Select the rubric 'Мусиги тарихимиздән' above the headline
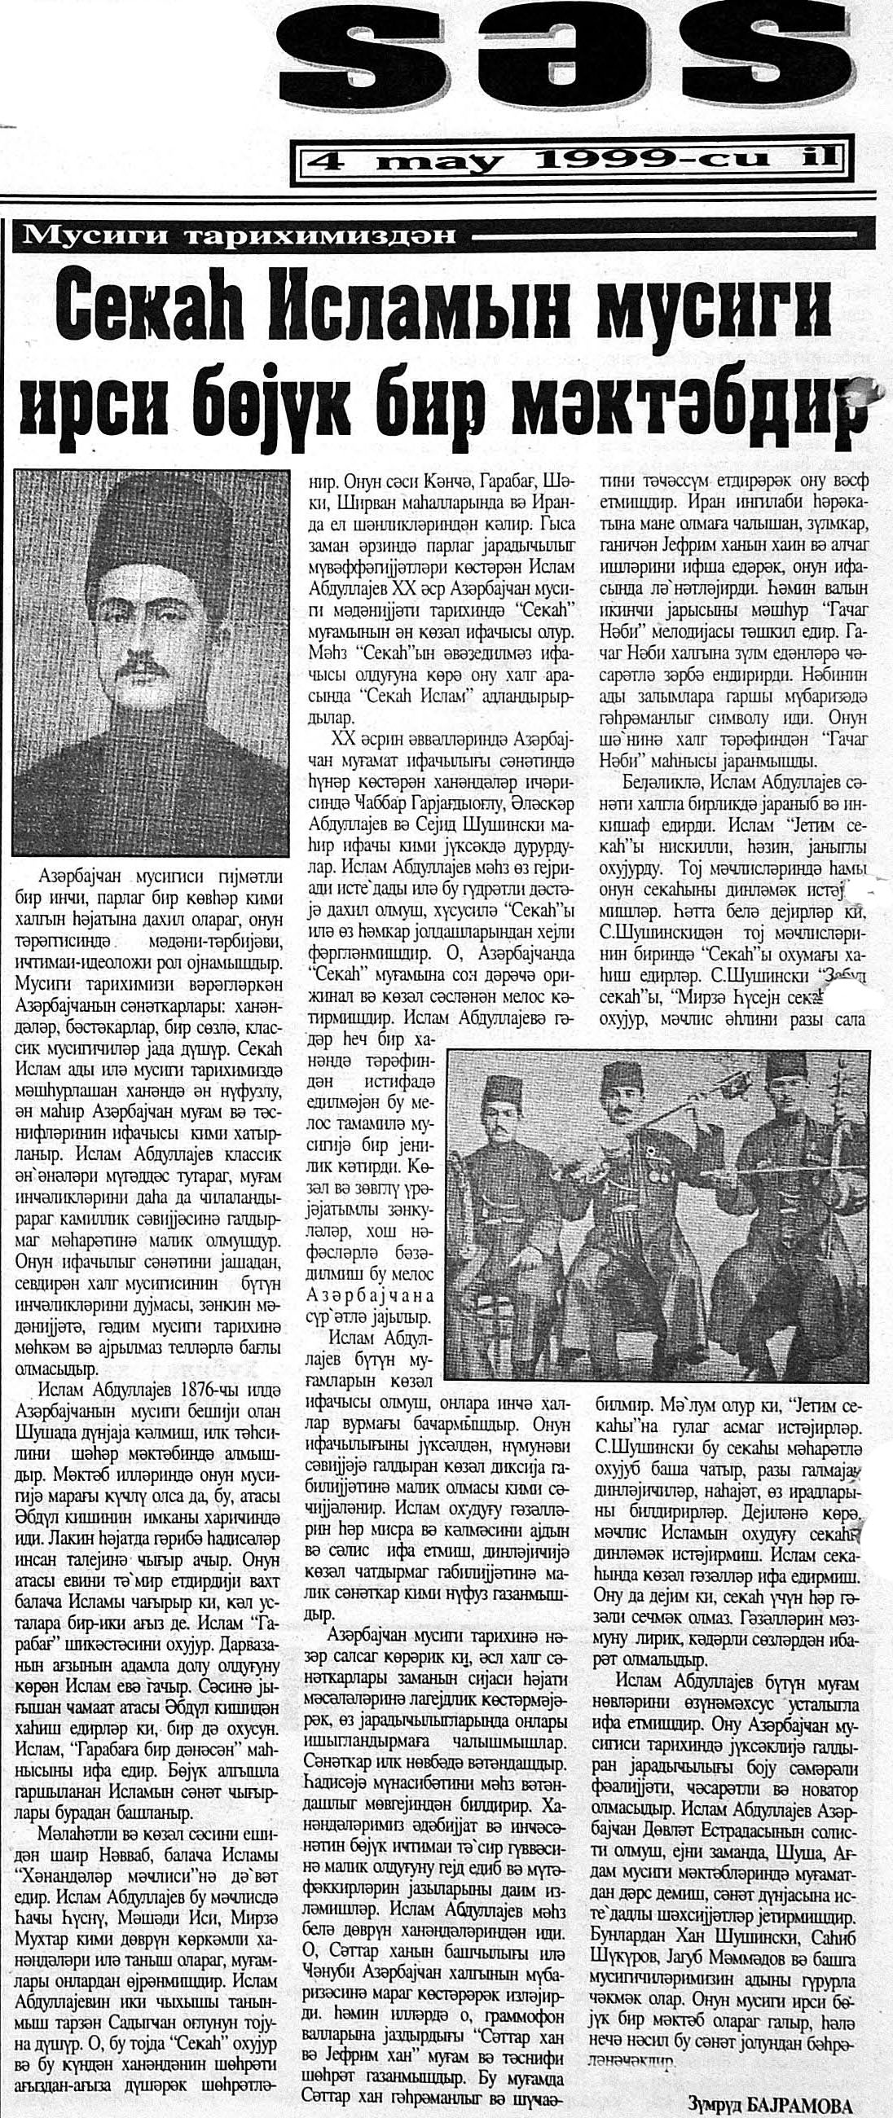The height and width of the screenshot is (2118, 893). tap(239, 237)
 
